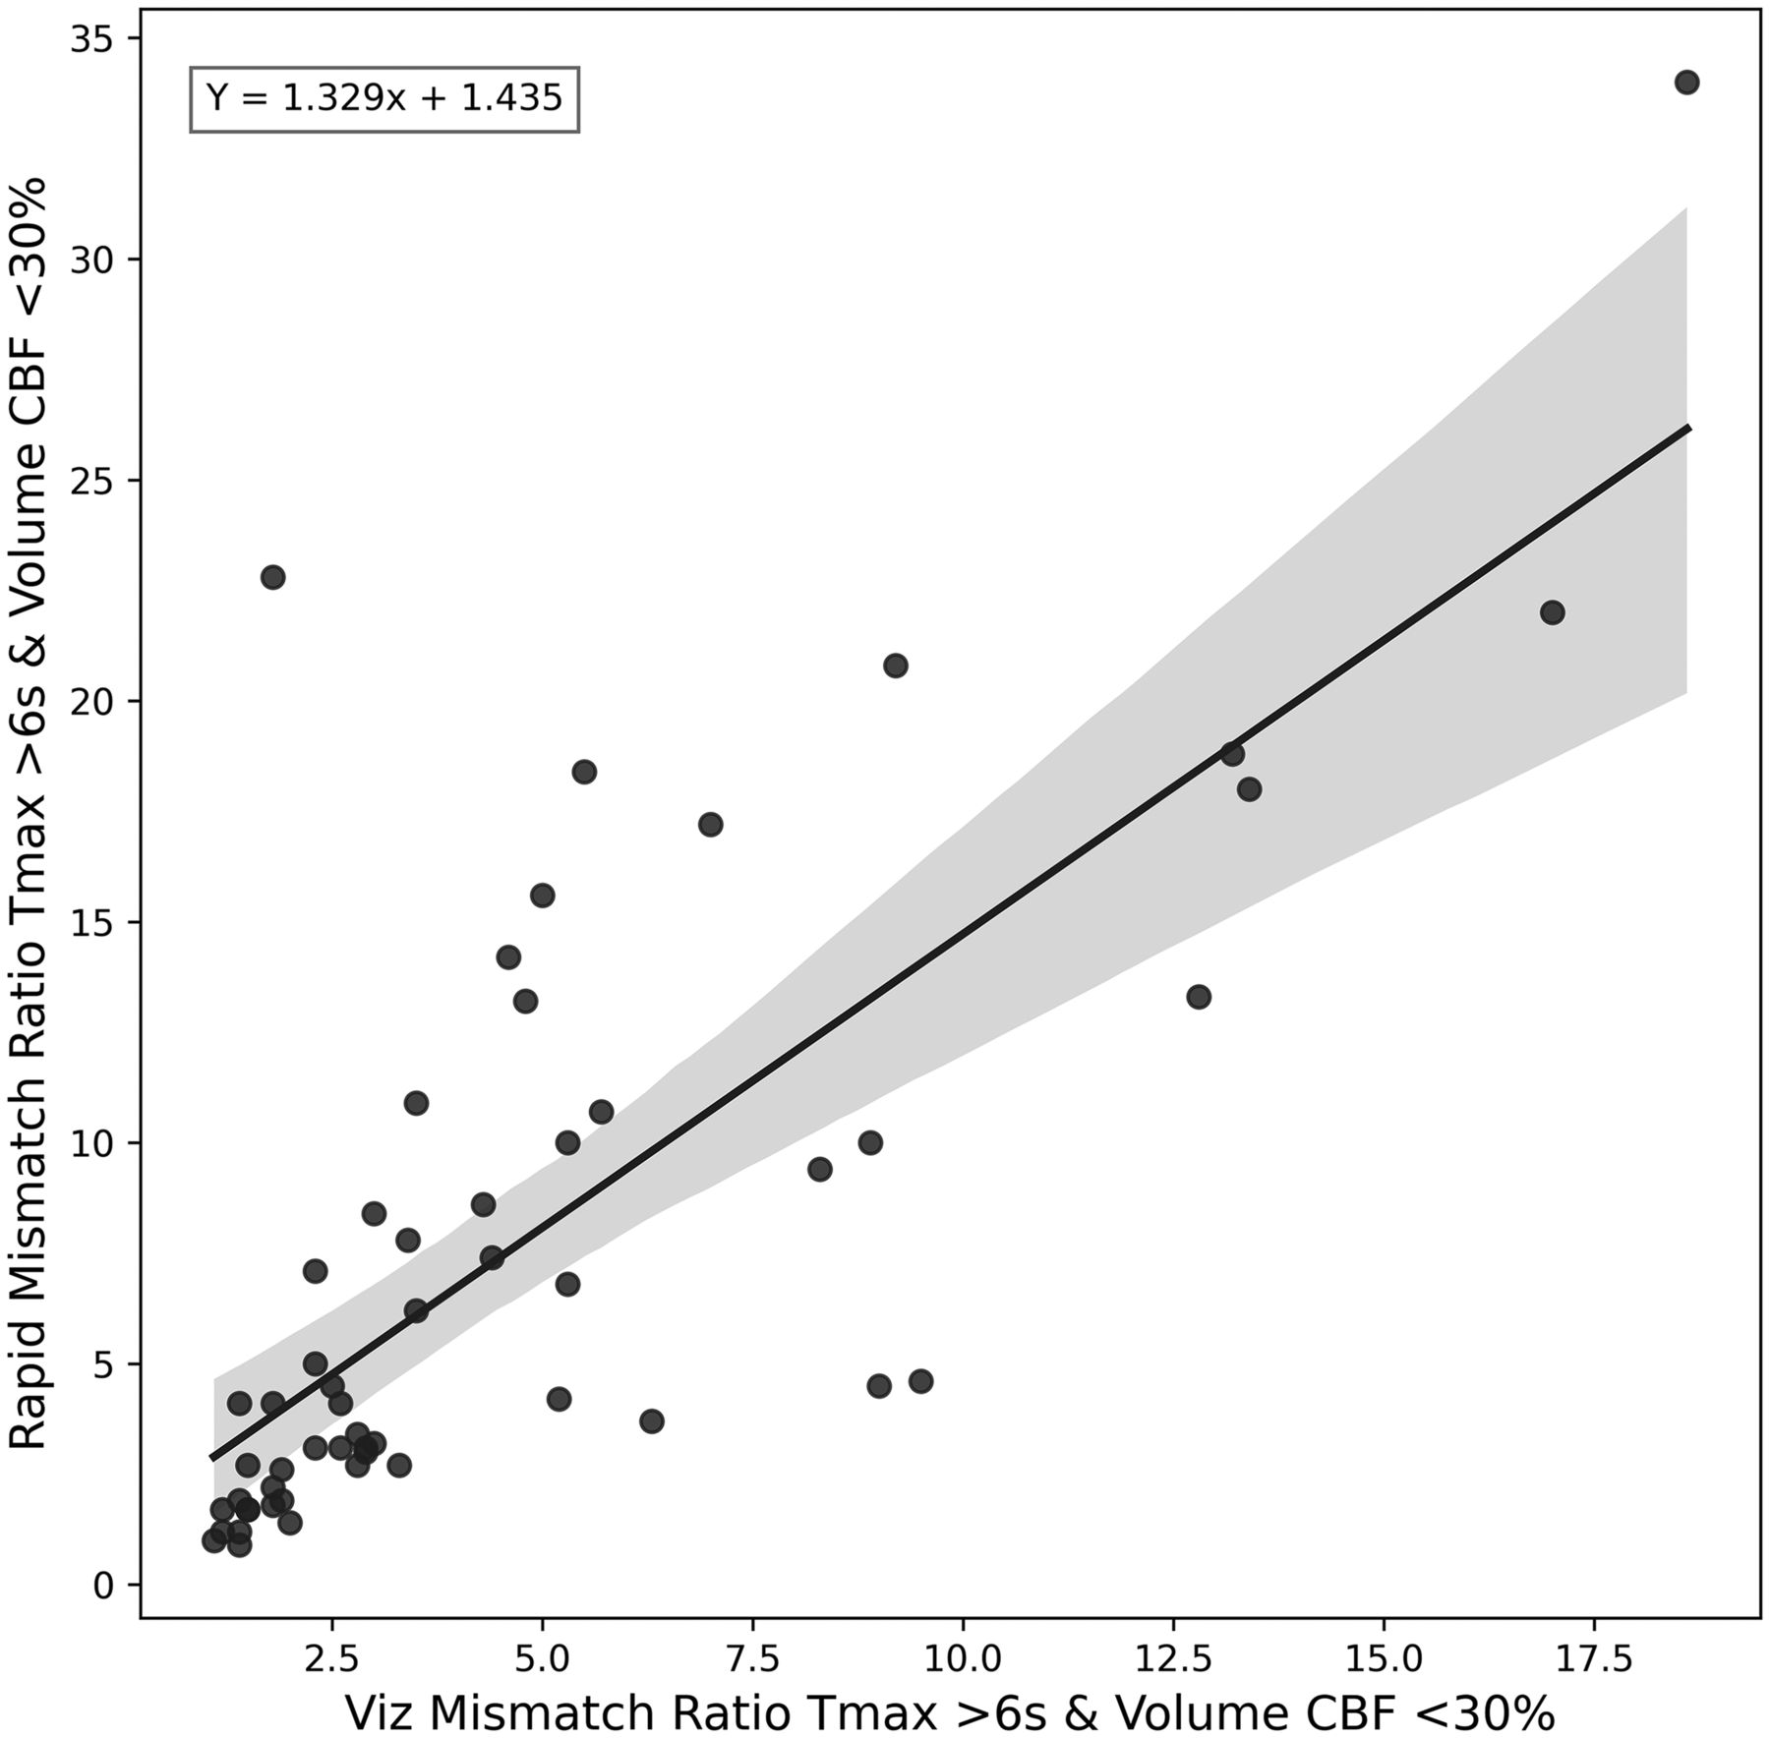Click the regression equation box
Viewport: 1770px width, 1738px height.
click(383, 98)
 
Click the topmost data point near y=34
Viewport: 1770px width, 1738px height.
click(1686, 83)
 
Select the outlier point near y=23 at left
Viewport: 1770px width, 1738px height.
click(272, 577)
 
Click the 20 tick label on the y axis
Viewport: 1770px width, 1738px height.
click(94, 702)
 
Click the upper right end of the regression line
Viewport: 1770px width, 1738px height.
click(1687, 428)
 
